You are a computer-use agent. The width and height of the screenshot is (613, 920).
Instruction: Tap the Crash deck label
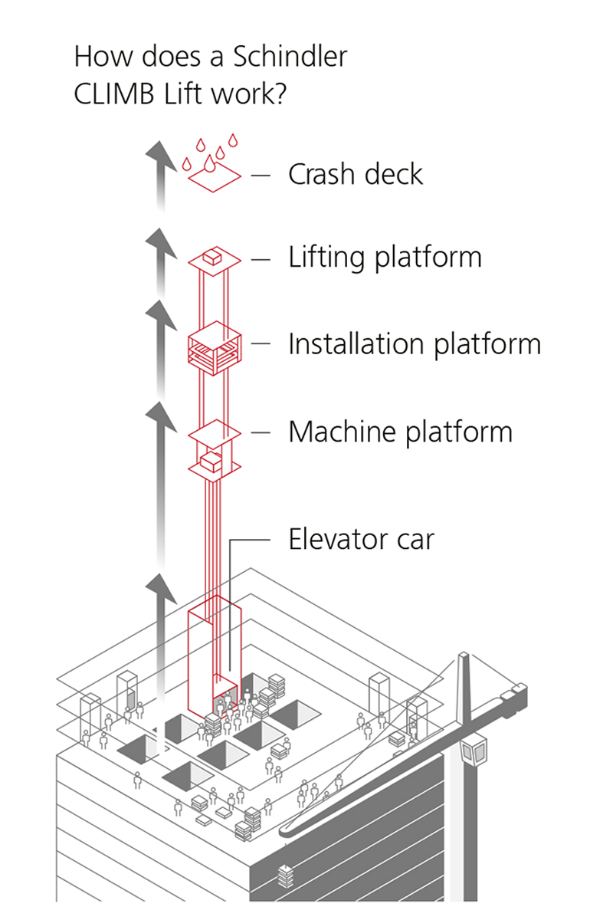tap(355, 175)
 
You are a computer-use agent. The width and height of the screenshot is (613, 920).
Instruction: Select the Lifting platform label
tap(385, 258)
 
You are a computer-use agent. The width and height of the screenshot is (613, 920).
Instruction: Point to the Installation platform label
tap(414, 344)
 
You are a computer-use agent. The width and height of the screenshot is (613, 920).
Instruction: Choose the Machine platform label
tap(400, 432)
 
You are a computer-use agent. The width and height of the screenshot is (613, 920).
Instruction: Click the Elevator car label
tap(361, 540)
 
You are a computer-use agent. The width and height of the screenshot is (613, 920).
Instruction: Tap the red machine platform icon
tap(215, 452)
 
